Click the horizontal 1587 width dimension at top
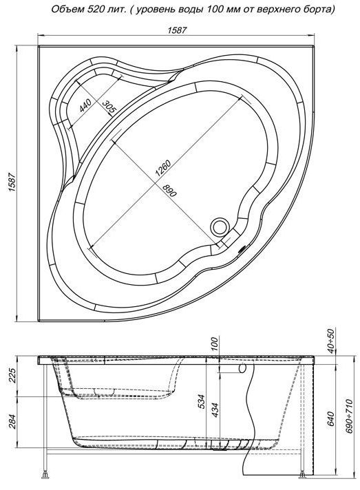(x=177, y=30)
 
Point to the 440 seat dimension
(x=85, y=105)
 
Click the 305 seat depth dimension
(x=109, y=107)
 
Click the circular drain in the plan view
(x=220, y=226)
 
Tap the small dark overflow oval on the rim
(x=242, y=249)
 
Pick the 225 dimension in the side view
(x=12, y=376)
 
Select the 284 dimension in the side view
(x=12, y=422)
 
